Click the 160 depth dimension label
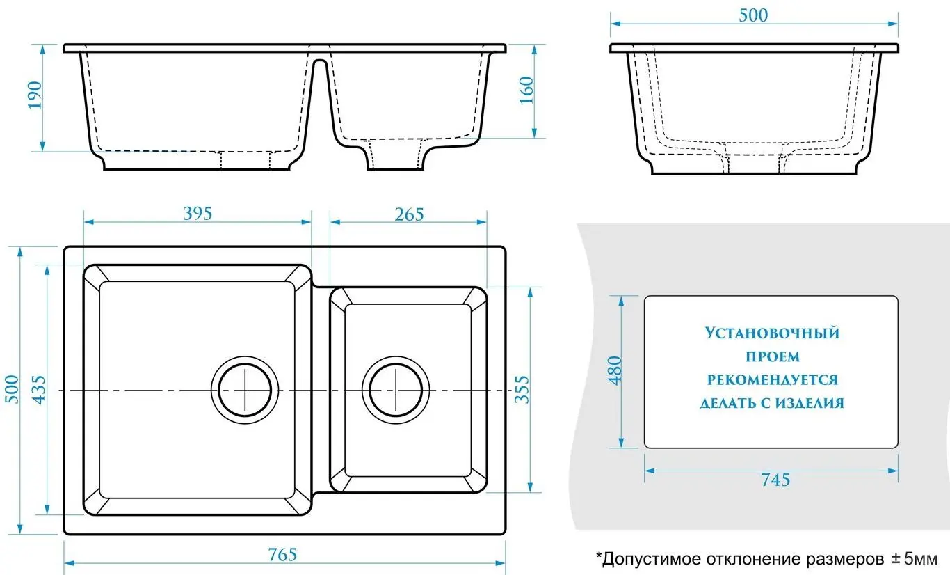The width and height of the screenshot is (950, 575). (526, 90)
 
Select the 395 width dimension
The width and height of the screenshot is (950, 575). (197, 214)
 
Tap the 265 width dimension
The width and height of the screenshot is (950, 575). (409, 214)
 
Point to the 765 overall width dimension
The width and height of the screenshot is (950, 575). (282, 555)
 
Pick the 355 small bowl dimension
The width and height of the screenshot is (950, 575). (522, 390)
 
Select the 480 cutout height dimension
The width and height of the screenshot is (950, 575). (615, 371)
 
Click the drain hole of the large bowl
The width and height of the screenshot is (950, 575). (245, 391)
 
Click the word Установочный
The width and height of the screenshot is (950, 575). (772, 333)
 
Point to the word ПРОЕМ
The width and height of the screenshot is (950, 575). (772, 357)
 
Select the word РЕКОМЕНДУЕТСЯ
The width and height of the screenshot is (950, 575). (772, 380)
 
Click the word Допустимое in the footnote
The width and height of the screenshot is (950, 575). (647, 558)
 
